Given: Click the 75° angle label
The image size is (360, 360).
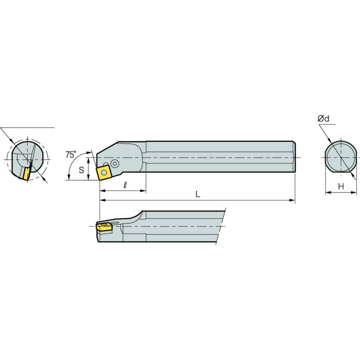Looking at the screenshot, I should (x=71, y=154).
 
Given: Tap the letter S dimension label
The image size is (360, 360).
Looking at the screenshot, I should (x=81, y=170).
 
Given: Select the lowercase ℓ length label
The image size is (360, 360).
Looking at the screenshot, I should (x=125, y=185).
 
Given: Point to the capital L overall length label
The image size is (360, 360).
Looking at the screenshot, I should (x=198, y=194).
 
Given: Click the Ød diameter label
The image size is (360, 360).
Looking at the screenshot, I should (x=323, y=119).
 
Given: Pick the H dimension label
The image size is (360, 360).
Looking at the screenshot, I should (x=341, y=187).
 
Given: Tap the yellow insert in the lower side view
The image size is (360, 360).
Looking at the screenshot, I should (x=104, y=228).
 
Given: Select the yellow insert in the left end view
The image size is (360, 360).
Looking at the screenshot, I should (x=26, y=173).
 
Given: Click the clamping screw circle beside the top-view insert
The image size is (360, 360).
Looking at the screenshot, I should (x=115, y=163).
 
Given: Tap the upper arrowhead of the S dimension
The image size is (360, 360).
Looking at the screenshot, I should (x=88, y=155).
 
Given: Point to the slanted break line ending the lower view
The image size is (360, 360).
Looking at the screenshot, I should (x=221, y=227).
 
